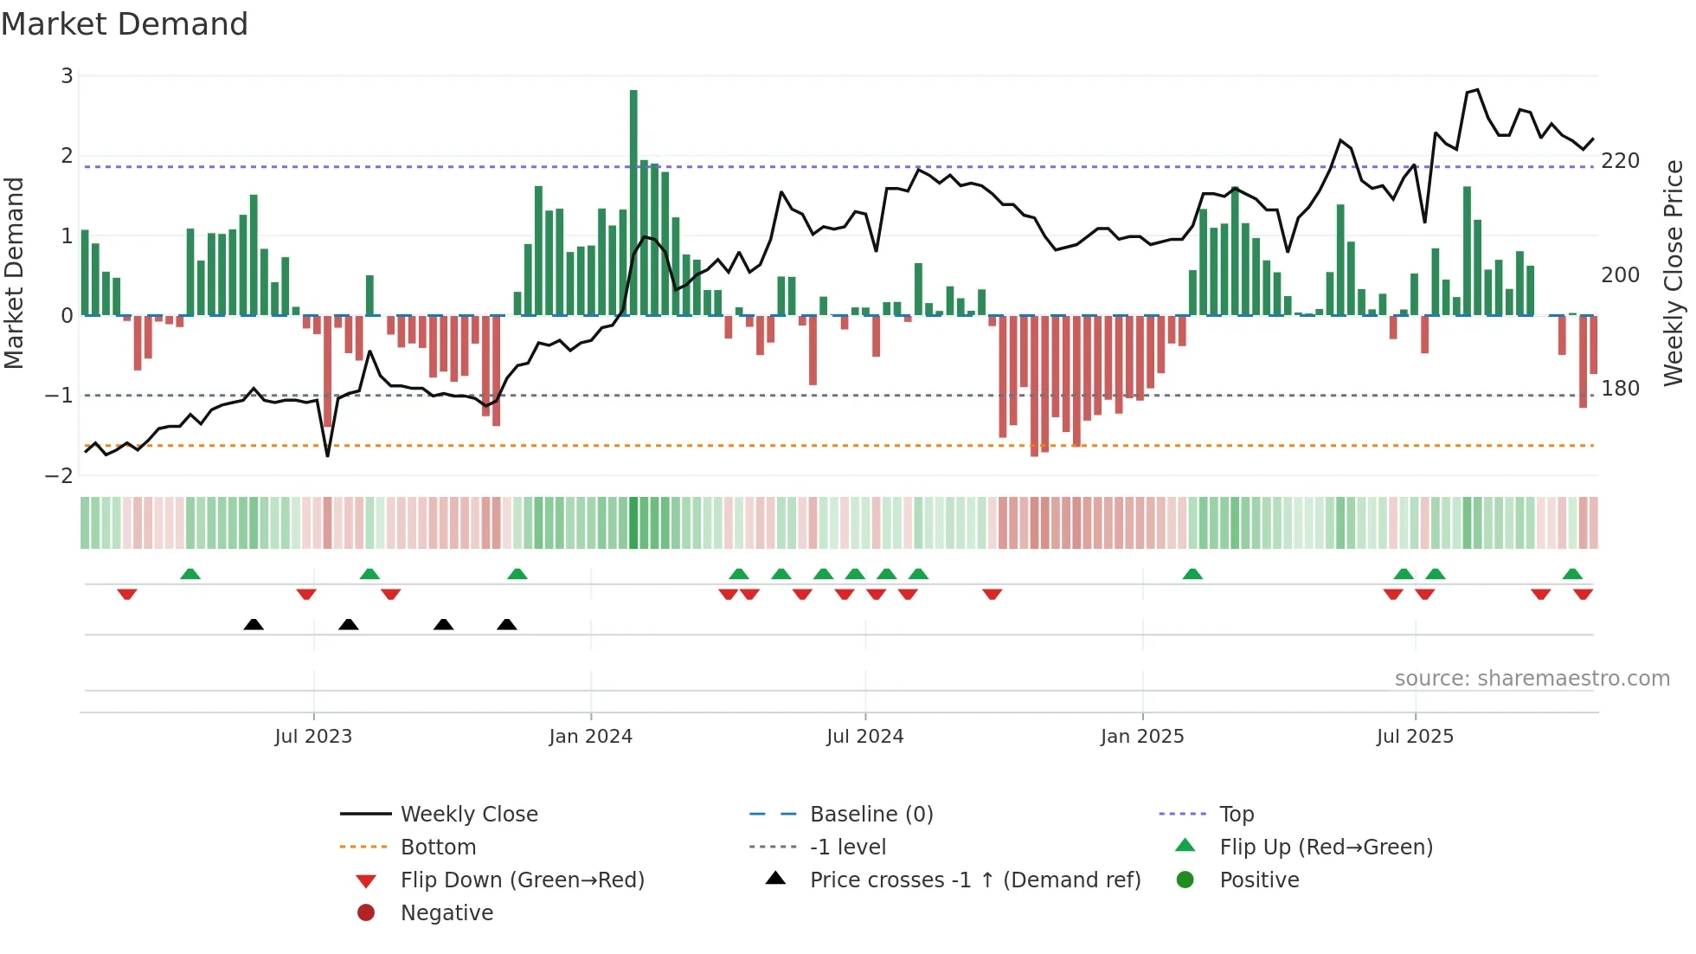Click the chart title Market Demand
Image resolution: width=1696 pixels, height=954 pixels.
(x=125, y=24)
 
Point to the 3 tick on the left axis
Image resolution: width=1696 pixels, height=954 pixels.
(x=67, y=76)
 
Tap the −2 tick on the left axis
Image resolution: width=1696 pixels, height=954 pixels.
(x=60, y=475)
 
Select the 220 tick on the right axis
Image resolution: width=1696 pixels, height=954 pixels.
(x=1620, y=161)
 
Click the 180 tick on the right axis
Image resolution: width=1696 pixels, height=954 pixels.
(x=1620, y=389)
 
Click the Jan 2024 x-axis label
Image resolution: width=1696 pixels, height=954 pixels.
(x=590, y=737)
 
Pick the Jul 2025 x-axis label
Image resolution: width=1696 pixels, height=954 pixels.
(x=1415, y=737)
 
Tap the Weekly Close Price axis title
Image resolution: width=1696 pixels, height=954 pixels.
(x=1674, y=273)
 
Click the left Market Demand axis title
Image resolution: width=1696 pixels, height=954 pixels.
(x=15, y=273)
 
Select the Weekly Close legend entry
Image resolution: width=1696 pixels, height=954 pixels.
(x=468, y=815)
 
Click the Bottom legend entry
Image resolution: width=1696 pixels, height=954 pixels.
(x=438, y=848)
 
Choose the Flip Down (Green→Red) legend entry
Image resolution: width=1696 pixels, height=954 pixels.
(x=522, y=880)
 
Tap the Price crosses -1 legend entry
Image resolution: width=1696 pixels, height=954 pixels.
(x=974, y=880)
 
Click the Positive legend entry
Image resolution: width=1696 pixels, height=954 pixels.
(x=1259, y=880)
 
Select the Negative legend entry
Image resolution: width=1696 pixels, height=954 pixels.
(x=446, y=913)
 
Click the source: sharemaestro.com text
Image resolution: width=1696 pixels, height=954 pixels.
(x=1532, y=679)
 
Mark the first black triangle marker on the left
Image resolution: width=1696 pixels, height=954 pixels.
(x=254, y=625)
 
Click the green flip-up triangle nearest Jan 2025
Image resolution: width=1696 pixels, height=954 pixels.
(x=1192, y=574)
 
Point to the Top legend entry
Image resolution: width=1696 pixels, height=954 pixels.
(x=1237, y=815)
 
